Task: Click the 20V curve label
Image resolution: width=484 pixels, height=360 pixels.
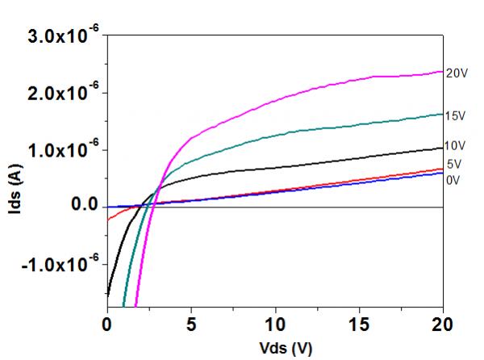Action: click(457, 73)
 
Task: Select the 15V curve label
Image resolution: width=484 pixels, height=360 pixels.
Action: click(457, 116)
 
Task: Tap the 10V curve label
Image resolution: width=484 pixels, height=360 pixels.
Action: click(457, 145)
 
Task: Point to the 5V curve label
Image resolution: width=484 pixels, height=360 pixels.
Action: click(453, 165)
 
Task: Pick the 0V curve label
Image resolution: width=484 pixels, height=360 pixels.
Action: click(453, 179)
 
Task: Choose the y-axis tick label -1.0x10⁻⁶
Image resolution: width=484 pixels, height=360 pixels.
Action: click(56, 265)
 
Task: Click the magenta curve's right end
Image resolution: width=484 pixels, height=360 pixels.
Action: click(443, 71)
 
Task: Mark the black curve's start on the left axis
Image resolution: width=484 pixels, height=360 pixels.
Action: click(107, 294)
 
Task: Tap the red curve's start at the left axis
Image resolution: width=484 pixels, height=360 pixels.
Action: click(107, 220)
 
